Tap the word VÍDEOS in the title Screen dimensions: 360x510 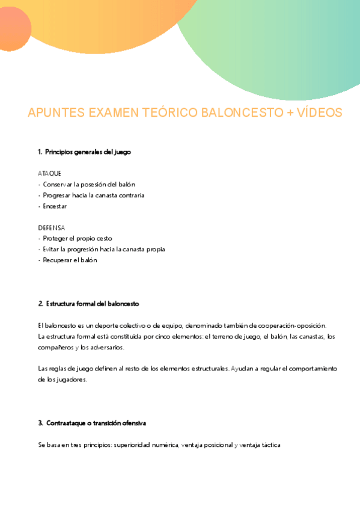[x=321, y=113]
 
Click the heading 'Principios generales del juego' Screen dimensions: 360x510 [x=88, y=152]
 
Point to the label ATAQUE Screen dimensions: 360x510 [x=49, y=173]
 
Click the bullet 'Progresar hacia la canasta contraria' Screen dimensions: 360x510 [x=93, y=195]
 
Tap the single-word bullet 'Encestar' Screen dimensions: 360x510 [x=55, y=206]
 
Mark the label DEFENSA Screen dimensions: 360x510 [x=51, y=228]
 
